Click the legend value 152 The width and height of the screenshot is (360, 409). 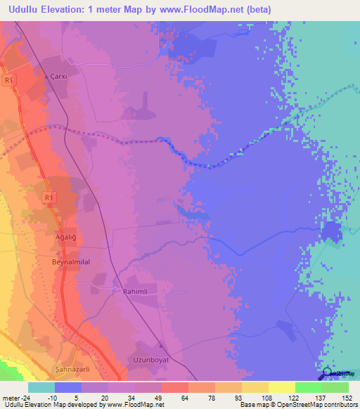point(347,397)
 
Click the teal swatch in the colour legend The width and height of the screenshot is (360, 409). point(41,387)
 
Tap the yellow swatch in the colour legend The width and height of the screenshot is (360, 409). point(282,387)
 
